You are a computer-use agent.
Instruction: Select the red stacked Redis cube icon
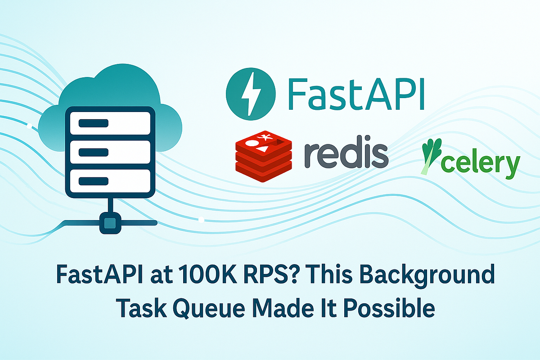pyautogui.click(x=263, y=155)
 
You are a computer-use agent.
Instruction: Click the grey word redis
pyautogui.click(x=346, y=153)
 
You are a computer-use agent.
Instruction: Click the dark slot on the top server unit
pyautogui.click(x=93, y=123)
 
